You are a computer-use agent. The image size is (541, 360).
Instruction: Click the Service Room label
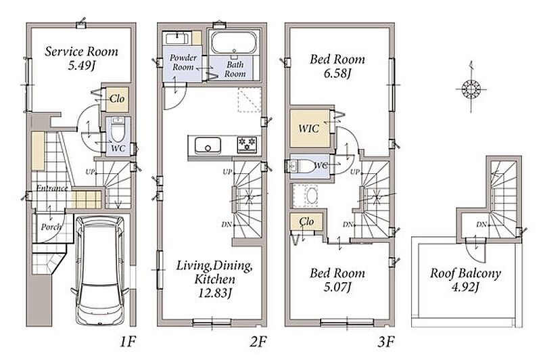tap(81, 52)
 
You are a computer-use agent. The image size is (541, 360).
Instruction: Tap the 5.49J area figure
tap(81, 65)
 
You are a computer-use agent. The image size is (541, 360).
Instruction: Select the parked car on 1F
tap(100, 270)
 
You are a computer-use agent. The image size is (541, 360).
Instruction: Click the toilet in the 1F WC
tap(118, 130)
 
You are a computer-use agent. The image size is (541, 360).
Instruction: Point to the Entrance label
tap(52, 188)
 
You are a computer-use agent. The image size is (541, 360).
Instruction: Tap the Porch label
tap(51, 227)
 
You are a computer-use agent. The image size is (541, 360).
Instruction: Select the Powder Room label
tap(183, 62)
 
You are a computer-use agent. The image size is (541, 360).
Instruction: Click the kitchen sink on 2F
tap(208, 145)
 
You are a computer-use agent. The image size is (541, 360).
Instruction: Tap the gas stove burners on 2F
tap(247, 145)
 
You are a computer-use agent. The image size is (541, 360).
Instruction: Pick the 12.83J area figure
tap(214, 293)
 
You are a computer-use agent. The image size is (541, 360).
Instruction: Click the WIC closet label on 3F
tap(308, 129)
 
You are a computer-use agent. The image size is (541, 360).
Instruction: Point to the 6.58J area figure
tap(337, 73)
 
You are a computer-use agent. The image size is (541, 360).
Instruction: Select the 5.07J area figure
tap(337, 287)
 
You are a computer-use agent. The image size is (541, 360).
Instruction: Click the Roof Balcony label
tap(465, 273)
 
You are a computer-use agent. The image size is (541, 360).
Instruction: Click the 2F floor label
tap(258, 342)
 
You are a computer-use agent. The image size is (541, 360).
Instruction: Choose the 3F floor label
tap(385, 342)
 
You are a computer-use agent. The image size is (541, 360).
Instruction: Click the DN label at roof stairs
tap(481, 225)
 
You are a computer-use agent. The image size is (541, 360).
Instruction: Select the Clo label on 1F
tap(117, 99)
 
